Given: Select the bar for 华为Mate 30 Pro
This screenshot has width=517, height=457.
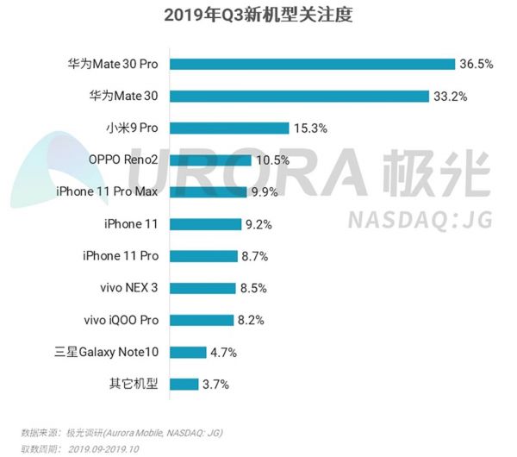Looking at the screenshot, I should point(312,64).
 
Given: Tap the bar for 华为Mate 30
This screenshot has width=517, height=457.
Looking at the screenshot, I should point(299,96).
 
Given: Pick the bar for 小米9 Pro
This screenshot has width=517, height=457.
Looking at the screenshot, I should point(229,128).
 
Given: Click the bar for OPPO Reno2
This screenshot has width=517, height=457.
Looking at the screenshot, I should point(210,160).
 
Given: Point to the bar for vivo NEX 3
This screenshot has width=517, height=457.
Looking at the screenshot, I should point(202,288).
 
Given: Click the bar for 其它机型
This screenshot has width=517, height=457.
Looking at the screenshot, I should point(184,384).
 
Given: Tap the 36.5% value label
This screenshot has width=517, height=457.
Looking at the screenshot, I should point(477,64).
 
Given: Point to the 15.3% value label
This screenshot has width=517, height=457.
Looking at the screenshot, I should point(311,128).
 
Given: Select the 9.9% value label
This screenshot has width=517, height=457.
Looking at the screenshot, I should point(267,191).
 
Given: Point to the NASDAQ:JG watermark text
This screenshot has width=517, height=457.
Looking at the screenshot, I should point(419,221).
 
